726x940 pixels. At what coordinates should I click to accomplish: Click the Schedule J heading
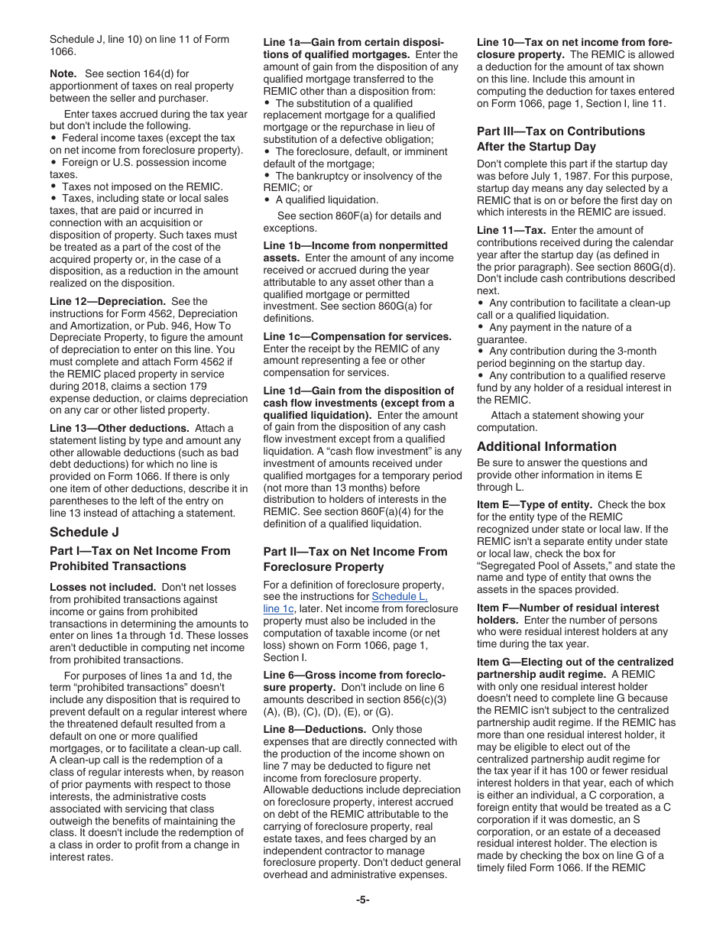[x=84, y=532]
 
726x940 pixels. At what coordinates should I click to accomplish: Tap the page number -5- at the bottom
[x=362, y=900]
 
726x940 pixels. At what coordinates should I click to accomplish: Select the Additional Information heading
[x=546, y=446]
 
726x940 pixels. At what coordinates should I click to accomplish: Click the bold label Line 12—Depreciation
[x=107, y=301]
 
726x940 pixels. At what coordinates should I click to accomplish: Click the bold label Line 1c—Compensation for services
[x=357, y=336]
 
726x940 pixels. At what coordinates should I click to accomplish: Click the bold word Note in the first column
[x=63, y=73]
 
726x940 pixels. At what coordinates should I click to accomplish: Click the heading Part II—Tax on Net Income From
[x=355, y=552]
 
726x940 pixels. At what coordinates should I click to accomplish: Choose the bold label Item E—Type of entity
[x=534, y=504]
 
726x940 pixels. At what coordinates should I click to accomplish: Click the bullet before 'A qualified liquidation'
[x=267, y=200]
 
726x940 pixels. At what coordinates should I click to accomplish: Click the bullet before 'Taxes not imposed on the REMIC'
[x=53, y=186]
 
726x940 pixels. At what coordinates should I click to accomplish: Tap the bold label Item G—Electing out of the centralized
[x=575, y=662]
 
